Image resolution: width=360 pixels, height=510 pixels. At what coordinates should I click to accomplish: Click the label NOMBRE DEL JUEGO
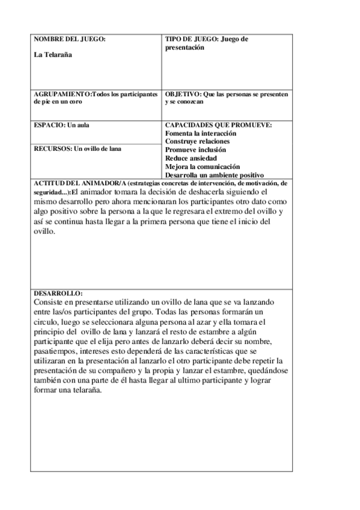pyautogui.click(x=69, y=39)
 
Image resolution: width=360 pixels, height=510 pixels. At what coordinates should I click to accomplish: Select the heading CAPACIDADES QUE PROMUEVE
pyautogui.click(x=218, y=125)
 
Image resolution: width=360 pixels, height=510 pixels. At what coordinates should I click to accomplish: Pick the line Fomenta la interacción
pyautogui.click(x=200, y=133)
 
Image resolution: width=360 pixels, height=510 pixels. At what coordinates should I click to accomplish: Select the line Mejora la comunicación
pyautogui.click(x=202, y=166)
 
